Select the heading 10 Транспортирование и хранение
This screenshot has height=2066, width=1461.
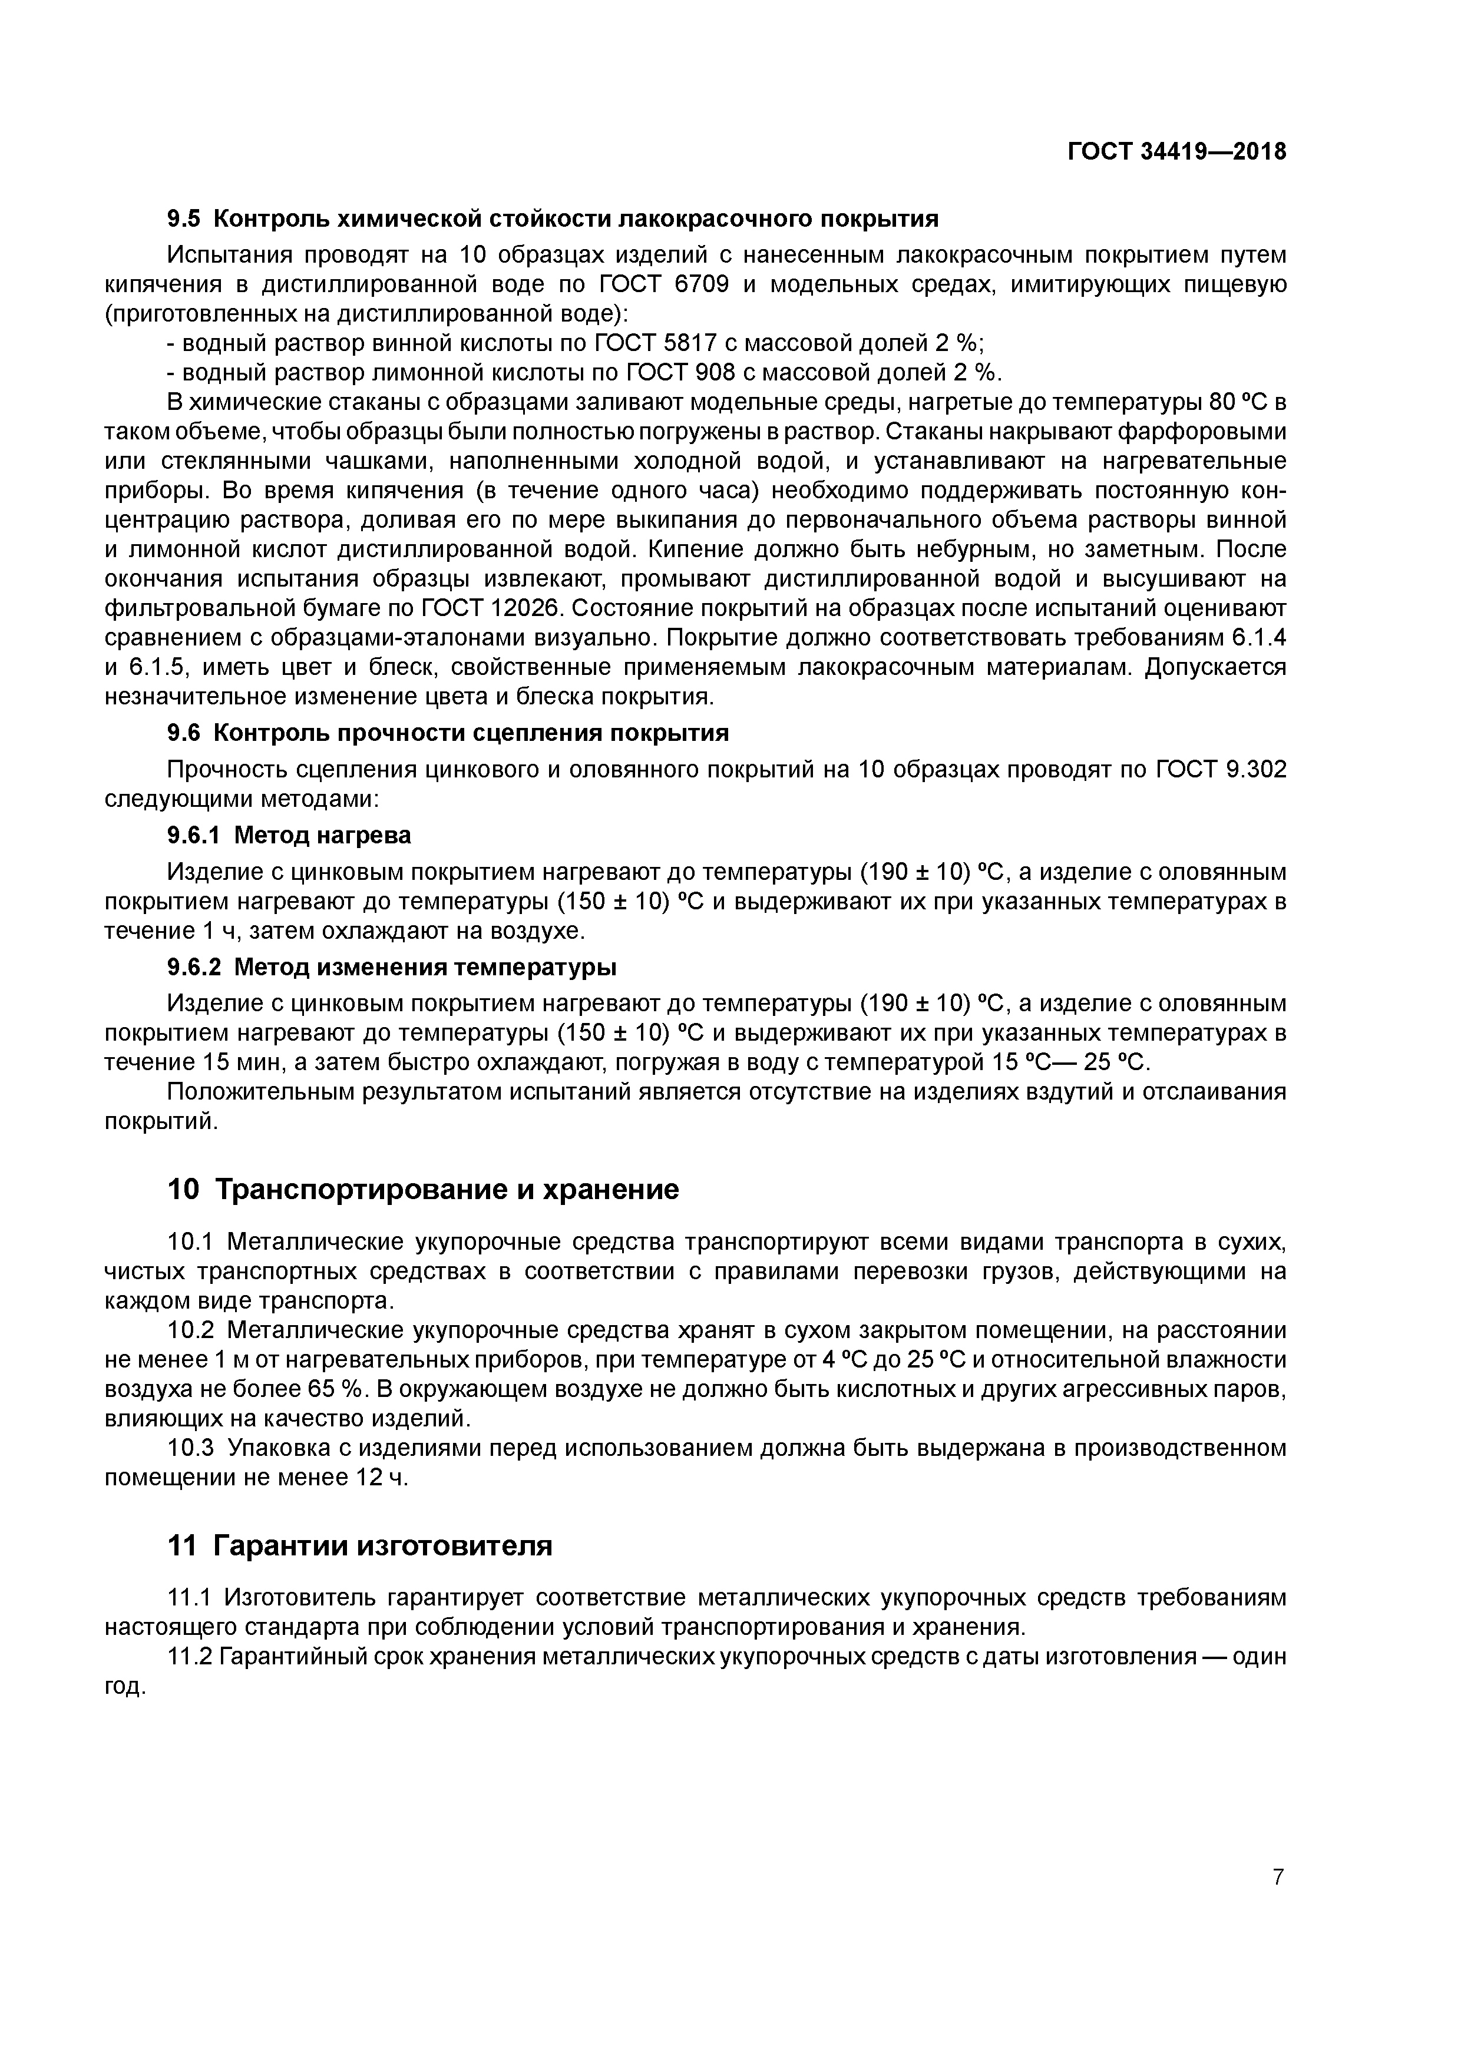pos(422,1190)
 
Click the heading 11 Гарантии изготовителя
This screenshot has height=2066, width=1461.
pos(359,1546)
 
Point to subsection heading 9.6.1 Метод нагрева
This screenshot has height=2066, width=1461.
pos(288,835)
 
